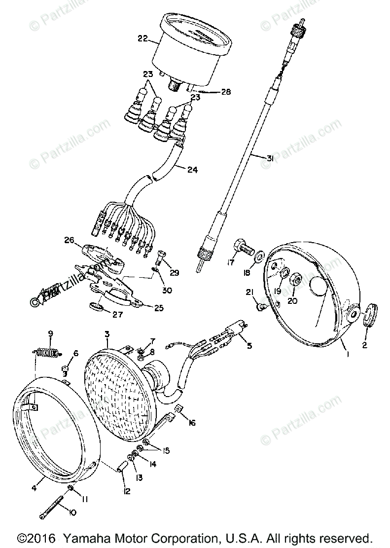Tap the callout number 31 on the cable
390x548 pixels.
[x=269, y=158]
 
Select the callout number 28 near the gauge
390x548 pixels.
[x=226, y=92]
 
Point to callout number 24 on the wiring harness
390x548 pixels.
[x=192, y=170]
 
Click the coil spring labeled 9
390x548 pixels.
[x=48, y=352]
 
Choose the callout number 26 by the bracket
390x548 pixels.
[x=68, y=241]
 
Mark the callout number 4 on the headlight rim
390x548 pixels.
[x=34, y=488]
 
